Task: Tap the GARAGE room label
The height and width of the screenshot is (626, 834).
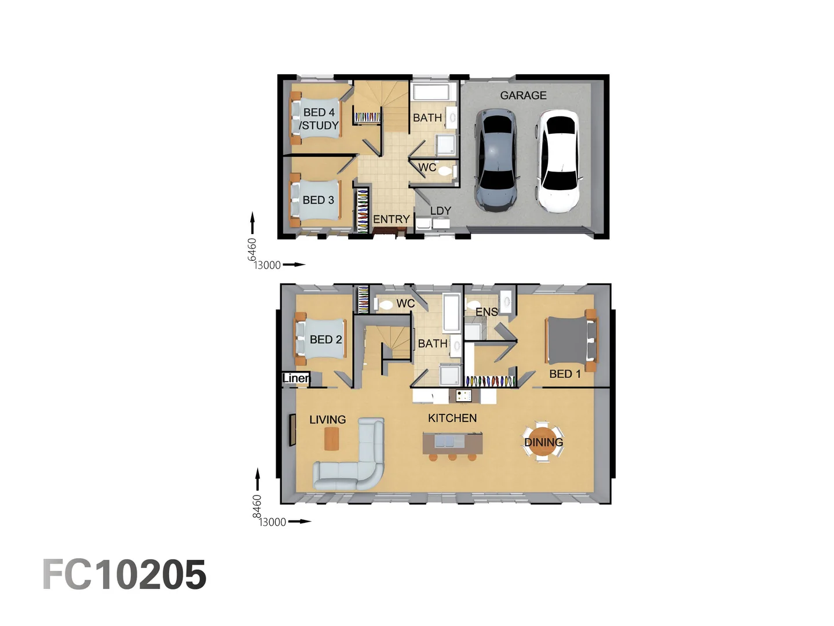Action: tap(523, 96)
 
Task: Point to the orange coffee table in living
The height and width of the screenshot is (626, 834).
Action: tap(331, 438)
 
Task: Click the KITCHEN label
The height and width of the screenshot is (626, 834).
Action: tap(452, 418)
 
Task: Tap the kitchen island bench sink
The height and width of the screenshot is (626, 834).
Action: tap(445, 442)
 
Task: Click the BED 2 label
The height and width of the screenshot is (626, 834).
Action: tap(325, 340)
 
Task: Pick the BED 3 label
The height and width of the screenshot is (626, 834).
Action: tap(318, 200)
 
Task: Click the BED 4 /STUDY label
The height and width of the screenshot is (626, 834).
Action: tap(319, 119)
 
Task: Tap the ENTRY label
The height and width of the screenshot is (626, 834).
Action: tap(391, 219)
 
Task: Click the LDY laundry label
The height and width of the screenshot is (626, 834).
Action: tap(440, 211)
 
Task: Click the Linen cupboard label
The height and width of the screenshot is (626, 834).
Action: tap(296, 378)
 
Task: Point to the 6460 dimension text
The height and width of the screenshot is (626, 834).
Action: tap(252, 249)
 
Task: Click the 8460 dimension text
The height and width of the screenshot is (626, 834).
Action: tap(257, 506)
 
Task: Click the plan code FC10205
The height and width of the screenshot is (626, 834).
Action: tap(125, 575)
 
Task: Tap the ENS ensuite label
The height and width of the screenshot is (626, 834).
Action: tap(487, 312)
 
